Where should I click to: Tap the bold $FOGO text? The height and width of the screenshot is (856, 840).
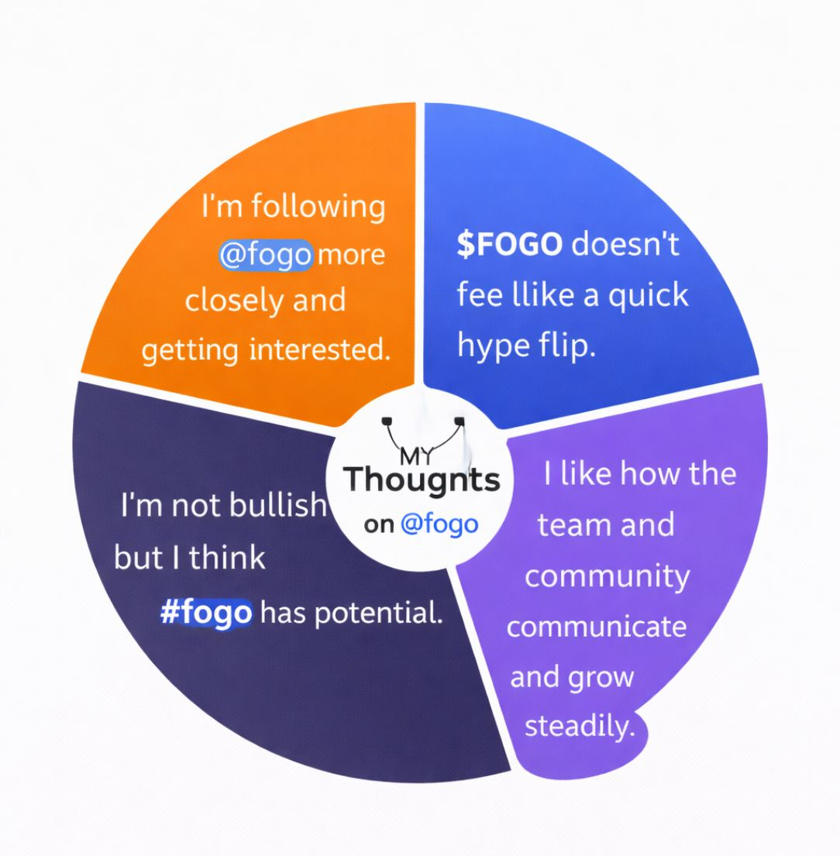pyautogui.click(x=509, y=245)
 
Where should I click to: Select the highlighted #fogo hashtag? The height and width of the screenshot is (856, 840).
pyautogui.click(x=206, y=614)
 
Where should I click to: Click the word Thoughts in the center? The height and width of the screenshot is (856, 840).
pyautogui.click(x=422, y=480)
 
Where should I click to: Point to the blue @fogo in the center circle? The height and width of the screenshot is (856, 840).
pyautogui.click(x=439, y=524)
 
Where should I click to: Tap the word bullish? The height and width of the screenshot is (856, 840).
pyautogui.click(x=278, y=505)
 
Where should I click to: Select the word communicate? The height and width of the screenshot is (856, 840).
pyautogui.click(x=597, y=626)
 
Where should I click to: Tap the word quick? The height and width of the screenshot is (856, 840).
pyautogui.click(x=648, y=295)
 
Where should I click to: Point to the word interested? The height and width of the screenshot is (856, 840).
pyautogui.click(x=318, y=350)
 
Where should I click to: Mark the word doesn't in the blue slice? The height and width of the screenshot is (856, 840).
pyautogui.click(x=625, y=245)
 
